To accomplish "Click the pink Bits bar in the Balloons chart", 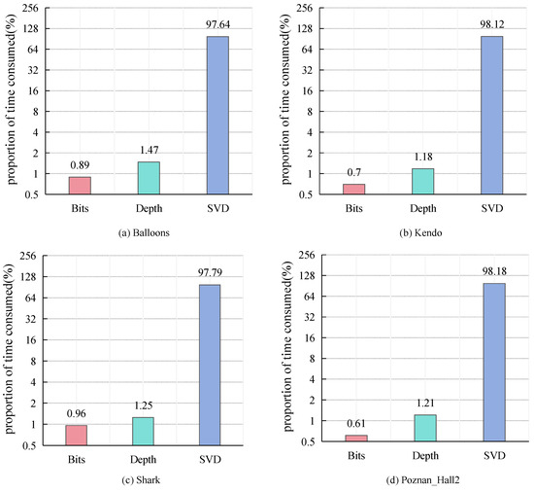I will (81, 185).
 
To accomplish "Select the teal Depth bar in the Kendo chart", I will (422, 181).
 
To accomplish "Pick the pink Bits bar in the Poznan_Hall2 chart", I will (356, 438).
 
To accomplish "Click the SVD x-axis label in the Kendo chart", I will (491, 208).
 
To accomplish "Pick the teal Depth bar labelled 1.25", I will (144, 431).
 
